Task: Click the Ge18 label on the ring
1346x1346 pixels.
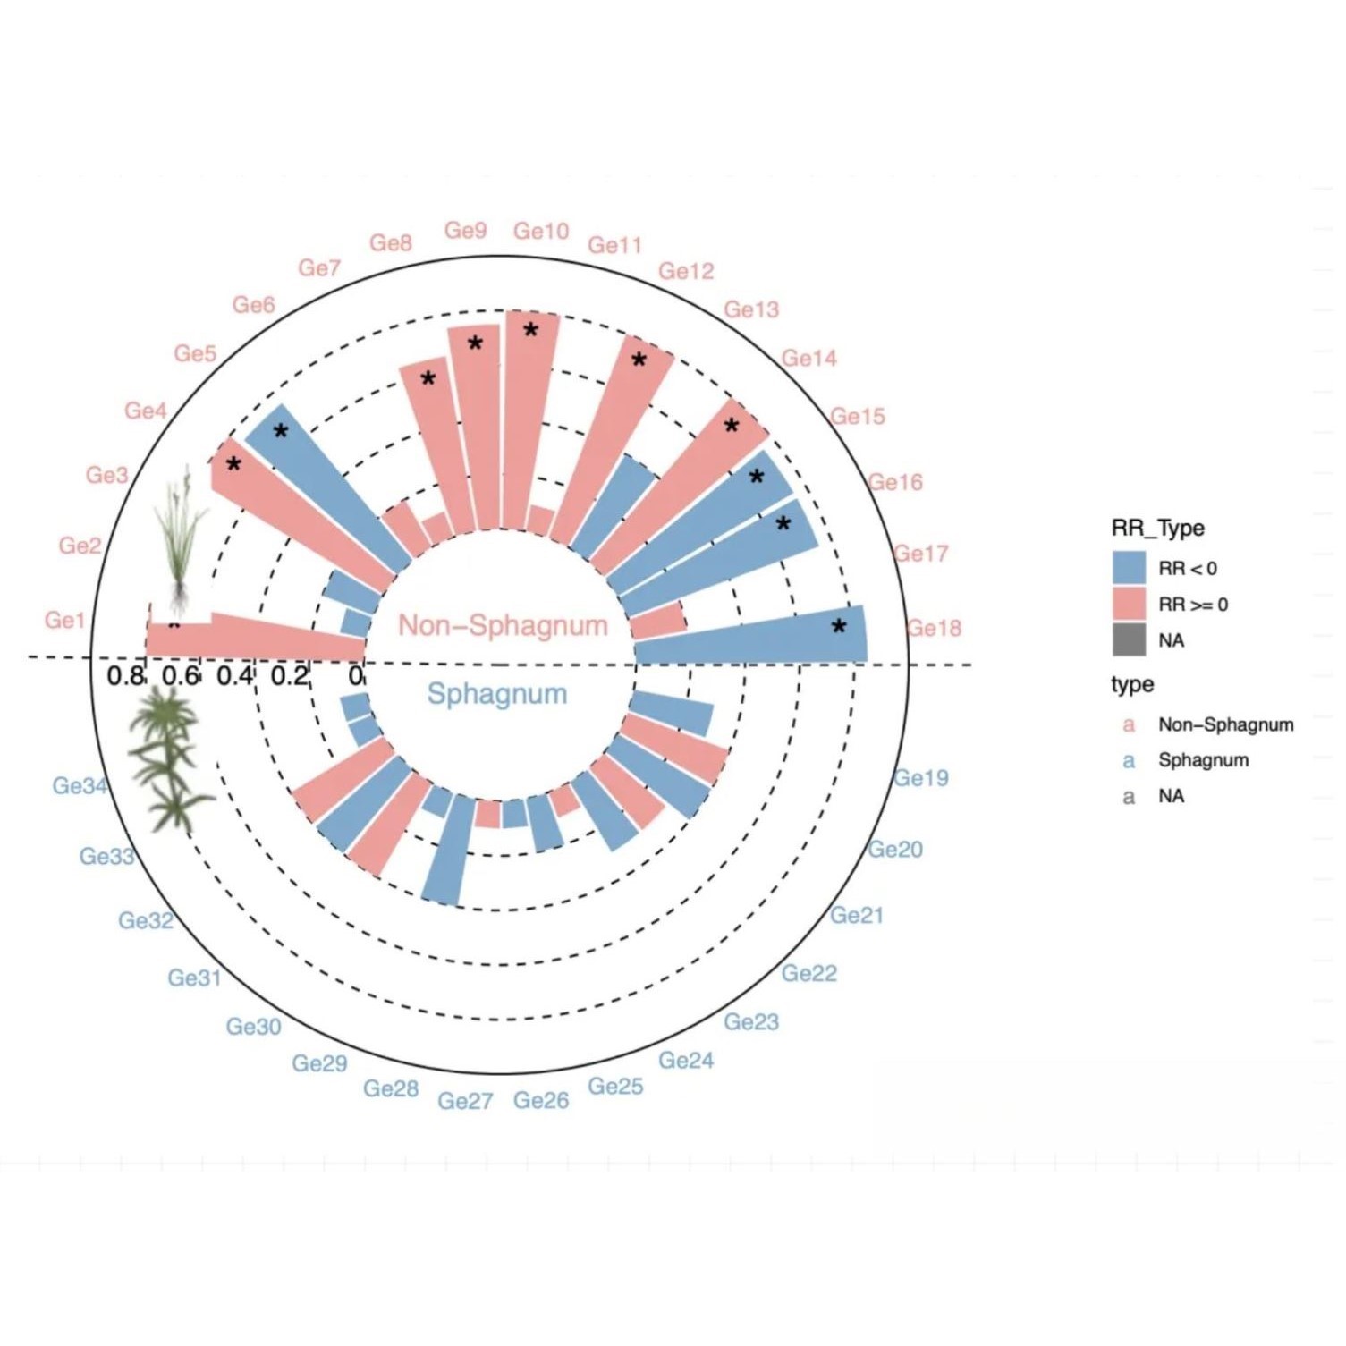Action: point(934,628)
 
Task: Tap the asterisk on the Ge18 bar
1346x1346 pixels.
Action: point(839,628)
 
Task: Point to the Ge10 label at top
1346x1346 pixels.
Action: point(541,232)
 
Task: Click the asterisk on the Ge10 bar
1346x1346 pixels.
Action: point(531,331)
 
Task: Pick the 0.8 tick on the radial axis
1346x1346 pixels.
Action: point(124,676)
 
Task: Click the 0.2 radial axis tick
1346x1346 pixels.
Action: point(289,676)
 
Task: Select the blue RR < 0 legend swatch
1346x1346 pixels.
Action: point(1129,568)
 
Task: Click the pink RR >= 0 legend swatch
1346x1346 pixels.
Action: point(1129,605)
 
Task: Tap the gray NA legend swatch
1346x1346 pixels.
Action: point(1129,640)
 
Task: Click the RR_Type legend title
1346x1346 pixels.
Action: point(1157,528)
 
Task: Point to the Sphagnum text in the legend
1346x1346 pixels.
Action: point(1203,760)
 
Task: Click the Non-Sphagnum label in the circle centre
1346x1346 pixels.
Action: point(503,625)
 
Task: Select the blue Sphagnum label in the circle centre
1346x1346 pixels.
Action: point(496,694)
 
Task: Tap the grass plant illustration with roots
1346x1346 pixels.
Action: point(182,537)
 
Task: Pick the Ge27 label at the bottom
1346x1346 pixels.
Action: point(465,1101)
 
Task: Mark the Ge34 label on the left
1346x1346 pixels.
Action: point(80,785)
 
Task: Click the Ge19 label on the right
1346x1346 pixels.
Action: point(921,778)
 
